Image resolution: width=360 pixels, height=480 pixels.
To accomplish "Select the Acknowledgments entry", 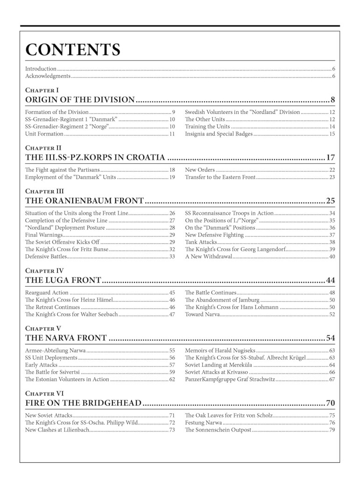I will [48, 76].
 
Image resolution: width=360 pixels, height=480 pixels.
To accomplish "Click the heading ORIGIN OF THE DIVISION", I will [80, 99].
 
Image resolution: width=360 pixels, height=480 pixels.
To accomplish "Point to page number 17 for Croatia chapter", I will [331, 158].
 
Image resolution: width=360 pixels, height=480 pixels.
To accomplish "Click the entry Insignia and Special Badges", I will [219, 134].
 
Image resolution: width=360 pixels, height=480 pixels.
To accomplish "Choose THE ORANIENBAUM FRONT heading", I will [85, 201].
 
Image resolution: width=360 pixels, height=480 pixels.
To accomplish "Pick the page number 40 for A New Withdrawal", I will [332, 256].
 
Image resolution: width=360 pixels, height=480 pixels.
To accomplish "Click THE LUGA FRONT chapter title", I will [63, 281].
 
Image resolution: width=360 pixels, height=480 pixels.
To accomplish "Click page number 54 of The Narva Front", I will [331, 339].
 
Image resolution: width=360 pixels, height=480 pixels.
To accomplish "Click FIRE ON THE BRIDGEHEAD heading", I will [83, 403].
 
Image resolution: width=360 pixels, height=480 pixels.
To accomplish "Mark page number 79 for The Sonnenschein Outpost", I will [332, 430].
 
